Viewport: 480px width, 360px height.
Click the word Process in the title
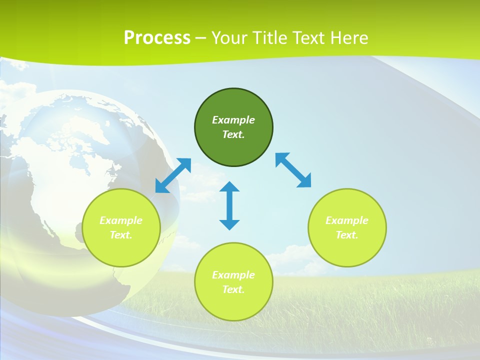[x=157, y=38]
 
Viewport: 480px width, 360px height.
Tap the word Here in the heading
[x=348, y=38]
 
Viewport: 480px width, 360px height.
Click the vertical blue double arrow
[x=229, y=205]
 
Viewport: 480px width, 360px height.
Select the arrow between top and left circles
[x=173, y=175]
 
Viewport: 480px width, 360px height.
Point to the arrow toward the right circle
[x=293, y=170]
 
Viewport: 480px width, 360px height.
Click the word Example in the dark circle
[x=233, y=120]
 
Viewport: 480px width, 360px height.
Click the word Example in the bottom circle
[x=233, y=275]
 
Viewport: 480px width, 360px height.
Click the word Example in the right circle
[x=347, y=220]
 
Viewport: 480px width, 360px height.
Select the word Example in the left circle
[x=121, y=220]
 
